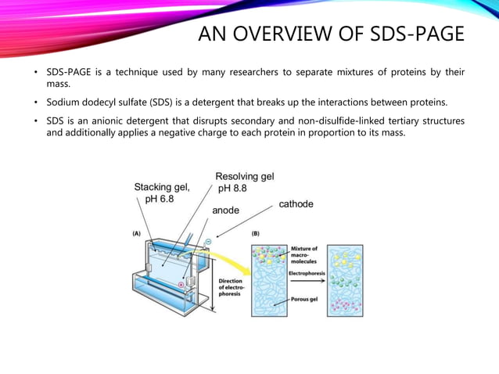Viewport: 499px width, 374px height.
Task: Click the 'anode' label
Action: pos(228,210)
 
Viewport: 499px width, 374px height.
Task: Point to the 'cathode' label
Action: pos(296,204)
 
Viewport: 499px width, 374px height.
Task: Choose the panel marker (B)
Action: pos(255,233)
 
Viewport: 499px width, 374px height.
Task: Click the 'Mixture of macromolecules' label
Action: pos(303,255)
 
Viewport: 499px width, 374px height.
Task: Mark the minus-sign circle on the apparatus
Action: pos(208,242)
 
